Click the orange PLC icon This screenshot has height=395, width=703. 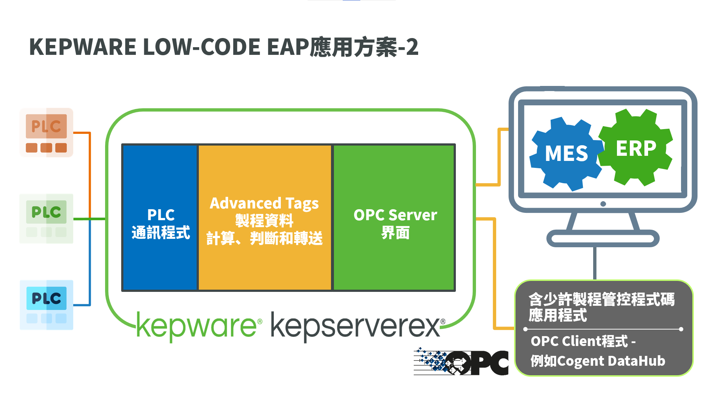(47, 133)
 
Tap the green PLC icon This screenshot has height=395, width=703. (47, 219)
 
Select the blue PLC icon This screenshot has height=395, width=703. (47, 305)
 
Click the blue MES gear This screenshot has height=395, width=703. (566, 154)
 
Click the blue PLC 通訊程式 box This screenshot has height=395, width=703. (160, 218)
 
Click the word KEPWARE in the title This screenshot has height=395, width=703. (83, 47)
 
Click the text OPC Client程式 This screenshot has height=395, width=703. (579, 341)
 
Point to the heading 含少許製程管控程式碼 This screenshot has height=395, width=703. (602, 299)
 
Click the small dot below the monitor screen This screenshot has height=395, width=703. (603, 204)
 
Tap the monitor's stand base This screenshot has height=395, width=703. (603, 239)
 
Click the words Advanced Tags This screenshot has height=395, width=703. (264, 203)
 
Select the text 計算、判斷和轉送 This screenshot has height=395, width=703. (264, 238)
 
